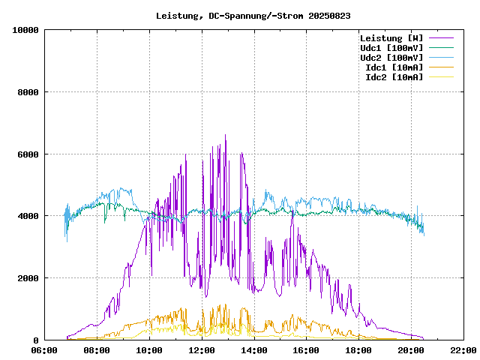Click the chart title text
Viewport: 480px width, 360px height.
point(253,15)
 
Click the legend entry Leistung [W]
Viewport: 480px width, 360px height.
point(391,38)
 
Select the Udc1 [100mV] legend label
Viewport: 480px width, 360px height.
point(391,48)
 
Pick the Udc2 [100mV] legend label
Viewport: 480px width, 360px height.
point(391,58)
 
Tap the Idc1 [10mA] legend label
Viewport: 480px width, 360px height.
point(394,67)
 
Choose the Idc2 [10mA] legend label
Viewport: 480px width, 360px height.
point(394,77)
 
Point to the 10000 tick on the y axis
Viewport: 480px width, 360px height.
point(26,30)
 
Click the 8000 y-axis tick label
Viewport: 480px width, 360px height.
point(28,92)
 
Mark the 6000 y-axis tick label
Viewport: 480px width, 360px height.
point(28,154)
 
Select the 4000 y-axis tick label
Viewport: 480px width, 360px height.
point(28,216)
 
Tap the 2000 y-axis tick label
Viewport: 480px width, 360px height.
point(28,278)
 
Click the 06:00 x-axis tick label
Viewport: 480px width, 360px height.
point(45,350)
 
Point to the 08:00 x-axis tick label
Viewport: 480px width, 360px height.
point(97,350)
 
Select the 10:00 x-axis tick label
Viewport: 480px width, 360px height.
point(149,350)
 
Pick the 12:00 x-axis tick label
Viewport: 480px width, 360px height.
point(202,350)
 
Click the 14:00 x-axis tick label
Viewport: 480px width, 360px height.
point(254,350)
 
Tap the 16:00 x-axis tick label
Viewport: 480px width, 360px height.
point(306,350)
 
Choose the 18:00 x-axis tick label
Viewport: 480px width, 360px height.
point(358,350)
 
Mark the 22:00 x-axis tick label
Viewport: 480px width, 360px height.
point(463,350)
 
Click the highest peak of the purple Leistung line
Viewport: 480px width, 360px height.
point(225,136)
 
